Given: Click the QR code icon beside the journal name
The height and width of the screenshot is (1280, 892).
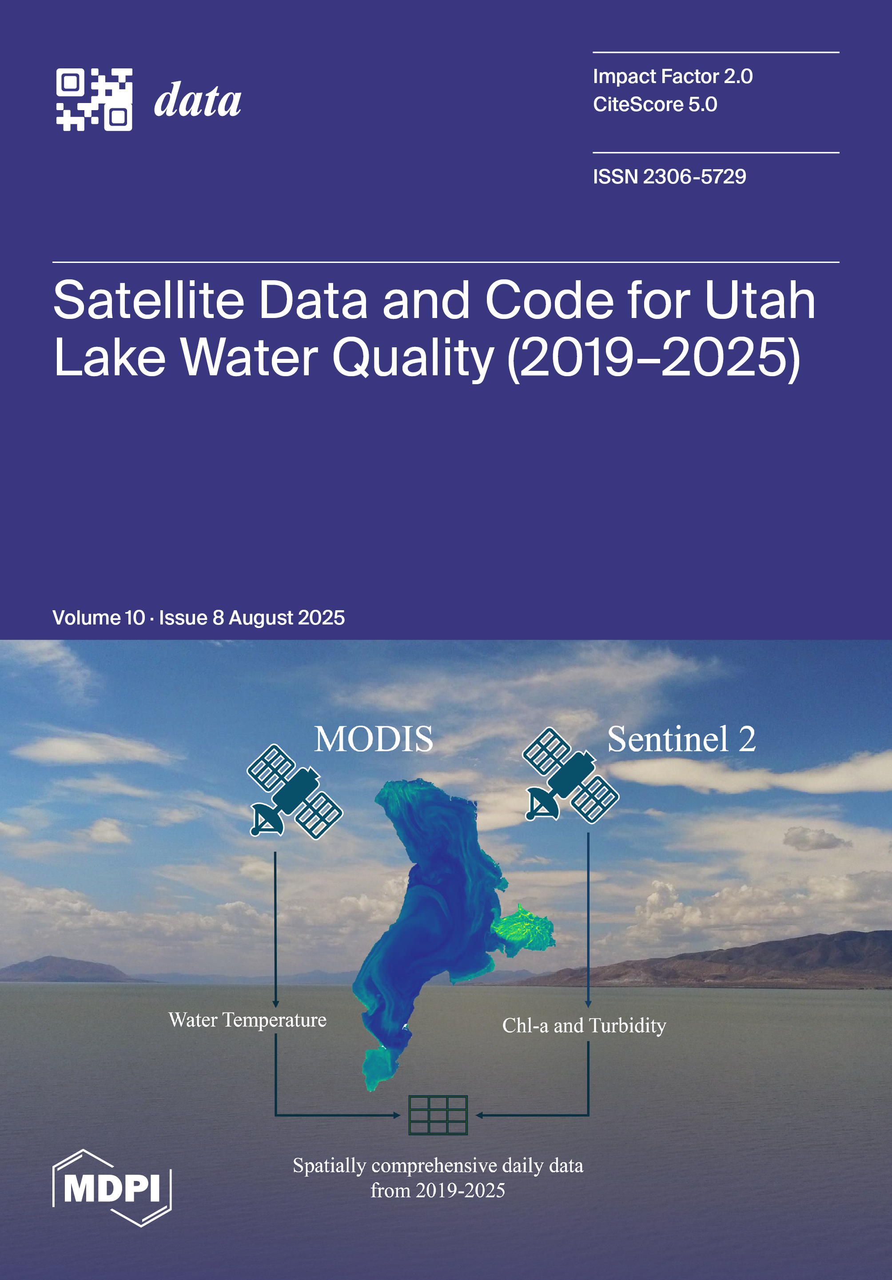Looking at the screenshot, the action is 94,100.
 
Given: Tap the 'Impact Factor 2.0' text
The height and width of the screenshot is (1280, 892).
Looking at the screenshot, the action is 673,76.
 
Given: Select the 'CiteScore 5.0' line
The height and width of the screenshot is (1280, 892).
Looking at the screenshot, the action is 655,104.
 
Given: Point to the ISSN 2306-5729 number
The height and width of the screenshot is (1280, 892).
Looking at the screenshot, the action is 669,177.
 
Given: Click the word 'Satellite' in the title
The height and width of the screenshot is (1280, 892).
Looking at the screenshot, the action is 149,301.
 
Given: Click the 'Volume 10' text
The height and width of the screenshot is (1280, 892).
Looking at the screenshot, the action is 99,618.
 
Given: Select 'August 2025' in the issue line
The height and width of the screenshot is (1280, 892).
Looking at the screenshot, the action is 287,618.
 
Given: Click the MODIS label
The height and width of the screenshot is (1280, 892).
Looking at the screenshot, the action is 374,739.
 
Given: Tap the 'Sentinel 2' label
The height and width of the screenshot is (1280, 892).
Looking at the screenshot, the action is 681,739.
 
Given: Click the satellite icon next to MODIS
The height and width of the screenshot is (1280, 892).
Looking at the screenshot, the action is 295,791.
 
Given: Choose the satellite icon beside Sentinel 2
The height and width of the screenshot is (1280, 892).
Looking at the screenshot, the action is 570,775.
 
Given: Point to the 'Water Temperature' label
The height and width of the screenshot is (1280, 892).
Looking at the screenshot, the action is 247,1020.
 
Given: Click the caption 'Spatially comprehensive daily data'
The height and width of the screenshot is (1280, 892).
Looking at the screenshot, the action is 438,1166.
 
